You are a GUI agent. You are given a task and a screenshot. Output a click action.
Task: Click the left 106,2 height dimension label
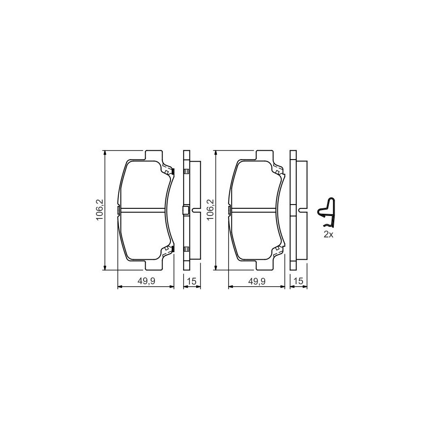[x=100, y=210]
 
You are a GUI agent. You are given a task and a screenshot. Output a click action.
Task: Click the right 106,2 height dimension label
[x=211, y=210]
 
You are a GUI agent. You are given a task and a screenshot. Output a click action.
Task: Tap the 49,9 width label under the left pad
[x=147, y=282]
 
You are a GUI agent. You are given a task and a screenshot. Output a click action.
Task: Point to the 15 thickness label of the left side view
[x=192, y=282]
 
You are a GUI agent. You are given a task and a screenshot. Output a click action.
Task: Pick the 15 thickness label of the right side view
[x=298, y=282]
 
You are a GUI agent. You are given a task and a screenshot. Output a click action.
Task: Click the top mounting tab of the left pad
[x=153, y=155]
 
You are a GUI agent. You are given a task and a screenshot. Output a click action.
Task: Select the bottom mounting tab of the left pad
[x=153, y=266]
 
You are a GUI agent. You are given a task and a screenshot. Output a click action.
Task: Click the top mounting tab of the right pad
[x=264, y=155]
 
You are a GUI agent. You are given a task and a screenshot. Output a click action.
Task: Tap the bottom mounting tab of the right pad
[x=264, y=266]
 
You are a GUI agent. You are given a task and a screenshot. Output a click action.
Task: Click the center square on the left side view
[x=186, y=210]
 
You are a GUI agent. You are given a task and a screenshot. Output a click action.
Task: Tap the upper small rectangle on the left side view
[x=186, y=171]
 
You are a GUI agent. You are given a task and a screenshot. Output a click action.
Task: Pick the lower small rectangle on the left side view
[x=186, y=250]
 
